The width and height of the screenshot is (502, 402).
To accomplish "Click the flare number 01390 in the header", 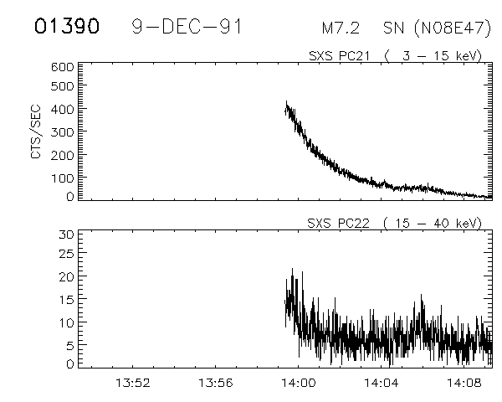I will tap(67, 27).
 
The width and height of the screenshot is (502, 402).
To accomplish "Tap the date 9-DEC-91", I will tap(187, 27).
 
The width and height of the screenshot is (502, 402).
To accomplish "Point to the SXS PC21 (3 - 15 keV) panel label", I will tap(395, 55).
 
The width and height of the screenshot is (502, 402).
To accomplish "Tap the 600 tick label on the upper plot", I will tap(65, 65).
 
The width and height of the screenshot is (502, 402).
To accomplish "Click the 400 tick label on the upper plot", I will tap(65, 109).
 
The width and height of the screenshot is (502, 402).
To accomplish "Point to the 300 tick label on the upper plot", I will tap(65, 131).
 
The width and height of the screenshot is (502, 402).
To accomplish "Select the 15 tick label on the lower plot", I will tap(69, 299).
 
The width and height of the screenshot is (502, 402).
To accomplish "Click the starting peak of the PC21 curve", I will tap(286, 103).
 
